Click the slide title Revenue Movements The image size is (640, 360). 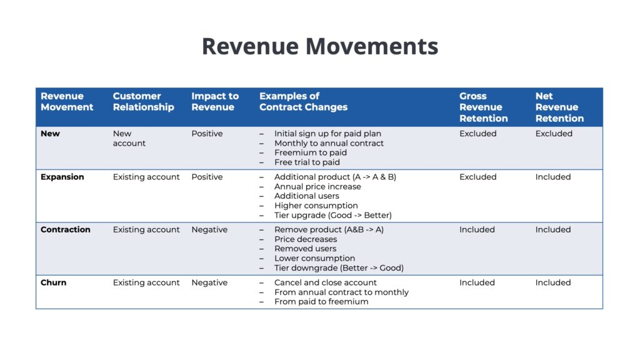tap(320, 46)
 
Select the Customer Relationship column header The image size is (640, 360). tap(143, 102)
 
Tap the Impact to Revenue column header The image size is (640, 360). tap(215, 102)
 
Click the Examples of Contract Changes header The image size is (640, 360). tap(303, 102)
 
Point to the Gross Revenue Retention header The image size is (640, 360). tap(483, 107)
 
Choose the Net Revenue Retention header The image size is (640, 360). tap(559, 107)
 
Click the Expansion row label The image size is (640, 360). tap(62, 177)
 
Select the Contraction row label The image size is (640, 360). tap(65, 229)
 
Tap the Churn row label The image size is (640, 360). tap(54, 282)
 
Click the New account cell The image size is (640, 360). tap(129, 138)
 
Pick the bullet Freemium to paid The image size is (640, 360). tap(311, 152)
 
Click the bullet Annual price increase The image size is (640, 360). tap(317, 186)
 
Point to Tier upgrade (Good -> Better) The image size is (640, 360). tap(333, 215)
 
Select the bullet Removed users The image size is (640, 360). tap(305, 249)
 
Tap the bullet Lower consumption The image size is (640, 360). tap(315, 258)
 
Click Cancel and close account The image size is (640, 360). tap(325, 282)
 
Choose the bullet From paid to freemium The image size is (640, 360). tap(321, 302)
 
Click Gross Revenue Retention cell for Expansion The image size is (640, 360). tap(478, 177)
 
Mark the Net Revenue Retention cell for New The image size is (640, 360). tap(554, 134)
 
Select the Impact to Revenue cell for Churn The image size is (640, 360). tap(209, 282)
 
